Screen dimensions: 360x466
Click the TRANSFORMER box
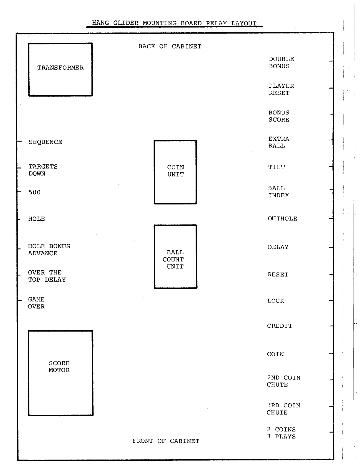[x=61, y=44]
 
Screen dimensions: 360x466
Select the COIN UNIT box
[x=175, y=141]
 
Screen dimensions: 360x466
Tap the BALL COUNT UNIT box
[x=175, y=225]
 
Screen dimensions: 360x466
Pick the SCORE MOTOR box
[x=61, y=331]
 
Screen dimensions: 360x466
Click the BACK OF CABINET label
[x=170, y=46]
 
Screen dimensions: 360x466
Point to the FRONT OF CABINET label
[x=166, y=441]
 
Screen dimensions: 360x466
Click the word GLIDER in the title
[x=126, y=23]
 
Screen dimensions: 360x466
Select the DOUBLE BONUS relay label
[x=281, y=63]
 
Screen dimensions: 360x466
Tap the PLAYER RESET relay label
[x=281, y=89]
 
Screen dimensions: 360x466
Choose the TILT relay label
[x=276, y=167]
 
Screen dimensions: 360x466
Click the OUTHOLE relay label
[x=283, y=219]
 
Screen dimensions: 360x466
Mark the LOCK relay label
[x=276, y=301]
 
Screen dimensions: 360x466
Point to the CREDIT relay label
[x=280, y=326]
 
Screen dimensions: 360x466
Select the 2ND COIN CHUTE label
[x=284, y=381]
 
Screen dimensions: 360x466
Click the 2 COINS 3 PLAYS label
[x=281, y=433]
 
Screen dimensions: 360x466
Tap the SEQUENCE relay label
[x=46, y=142]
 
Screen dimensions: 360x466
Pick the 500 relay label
[x=34, y=192]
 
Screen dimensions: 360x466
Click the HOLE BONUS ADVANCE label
[x=49, y=249]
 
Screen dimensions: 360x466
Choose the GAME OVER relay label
[x=36, y=303]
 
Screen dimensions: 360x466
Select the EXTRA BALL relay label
[x=279, y=142]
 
